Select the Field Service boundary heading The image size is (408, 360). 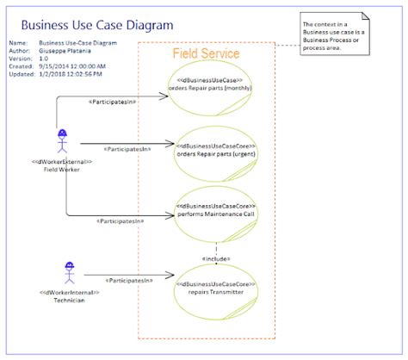[x=206, y=53]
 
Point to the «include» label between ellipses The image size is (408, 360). [x=215, y=258]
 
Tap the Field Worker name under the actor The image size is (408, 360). [x=62, y=170]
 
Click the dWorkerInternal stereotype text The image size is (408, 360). [x=70, y=293]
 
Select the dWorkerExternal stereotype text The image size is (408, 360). [x=62, y=162]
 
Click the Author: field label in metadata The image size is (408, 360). [x=20, y=50]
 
